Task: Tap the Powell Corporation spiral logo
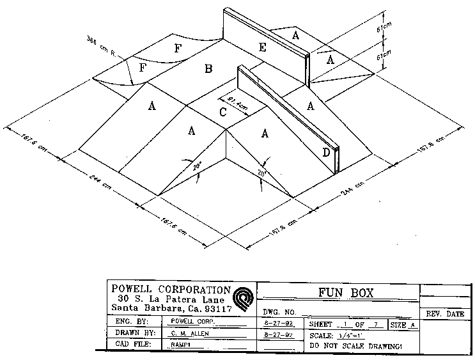(244, 298)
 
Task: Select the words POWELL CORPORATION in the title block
(170, 289)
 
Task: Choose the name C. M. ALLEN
(191, 333)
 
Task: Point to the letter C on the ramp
(222, 113)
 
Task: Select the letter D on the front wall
(326, 152)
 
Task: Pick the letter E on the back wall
(262, 46)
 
